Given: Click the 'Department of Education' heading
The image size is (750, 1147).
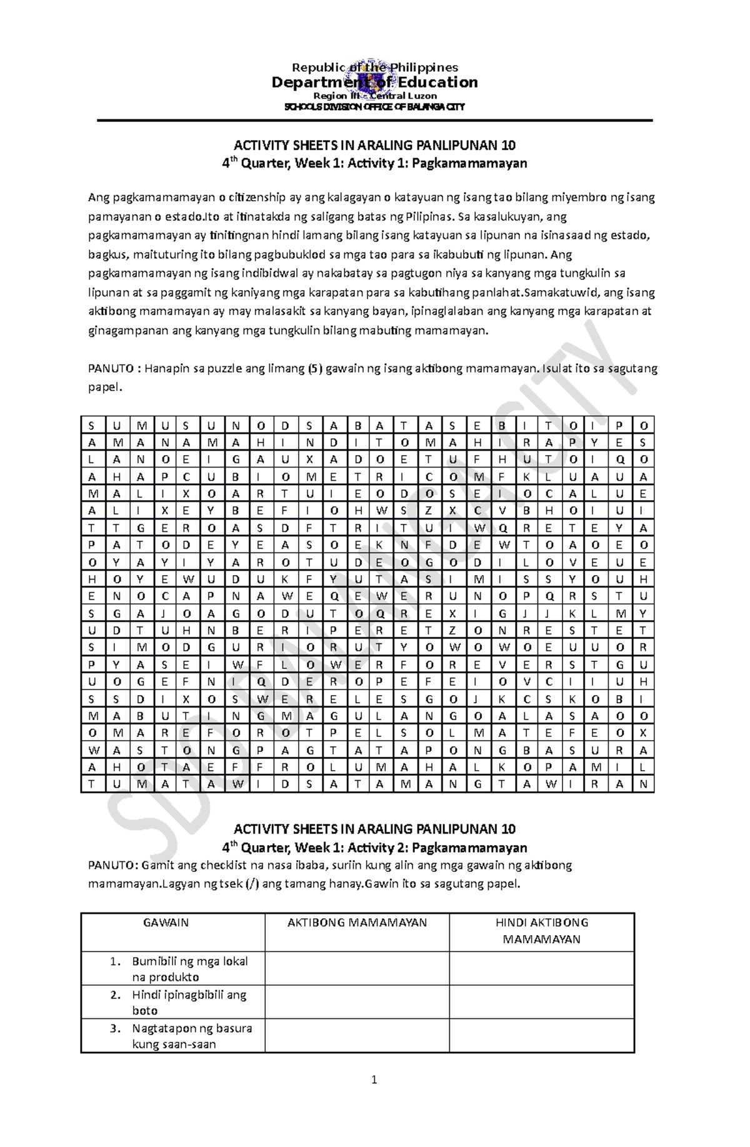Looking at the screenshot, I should [x=374, y=83].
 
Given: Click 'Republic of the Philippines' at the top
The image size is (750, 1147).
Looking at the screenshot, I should [x=374, y=68].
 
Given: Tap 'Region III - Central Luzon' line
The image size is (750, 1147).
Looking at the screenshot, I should [x=374, y=96].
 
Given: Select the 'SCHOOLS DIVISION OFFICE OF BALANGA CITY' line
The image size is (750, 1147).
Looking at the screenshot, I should [x=374, y=107].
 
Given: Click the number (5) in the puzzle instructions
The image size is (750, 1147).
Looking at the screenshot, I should [x=315, y=369].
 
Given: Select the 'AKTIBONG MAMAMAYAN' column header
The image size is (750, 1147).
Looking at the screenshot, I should [x=357, y=923].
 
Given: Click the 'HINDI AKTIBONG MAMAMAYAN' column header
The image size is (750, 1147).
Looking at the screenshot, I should [x=542, y=931].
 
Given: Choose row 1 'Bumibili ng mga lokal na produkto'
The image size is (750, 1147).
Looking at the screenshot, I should [x=189, y=969].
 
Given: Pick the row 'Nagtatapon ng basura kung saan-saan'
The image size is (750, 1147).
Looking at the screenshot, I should [x=191, y=1036].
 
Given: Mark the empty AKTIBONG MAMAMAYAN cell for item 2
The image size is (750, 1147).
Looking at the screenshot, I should [x=357, y=1002].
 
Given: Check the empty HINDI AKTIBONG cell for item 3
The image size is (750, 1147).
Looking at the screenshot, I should [x=542, y=1036].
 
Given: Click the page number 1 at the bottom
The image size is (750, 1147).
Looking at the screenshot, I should [x=374, y=1096].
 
